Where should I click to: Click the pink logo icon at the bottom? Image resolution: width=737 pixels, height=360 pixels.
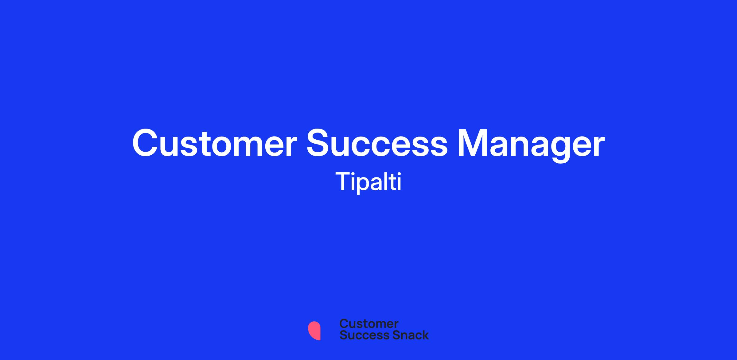314,331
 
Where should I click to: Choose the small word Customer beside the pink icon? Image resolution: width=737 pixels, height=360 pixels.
369,324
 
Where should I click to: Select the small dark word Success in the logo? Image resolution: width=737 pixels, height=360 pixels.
361,335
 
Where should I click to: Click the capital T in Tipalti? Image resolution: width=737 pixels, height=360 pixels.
343,181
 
